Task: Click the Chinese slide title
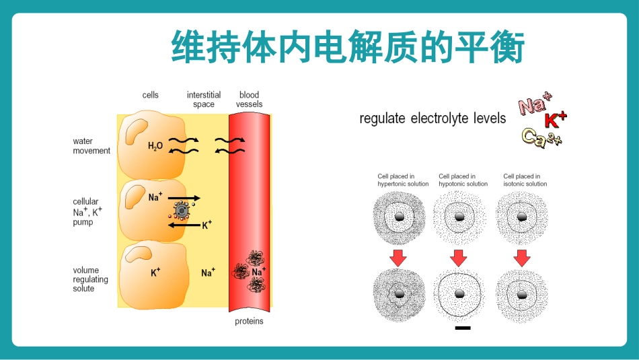pyautogui.click(x=348, y=46)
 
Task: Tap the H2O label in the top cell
pyautogui.click(x=155, y=146)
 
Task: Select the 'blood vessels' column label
pyautogui.click(x=249, y=100)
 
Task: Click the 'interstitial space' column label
pyautogui.click(x=204, y=100)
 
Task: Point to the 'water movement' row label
pyautogui.click(x=91, y=146)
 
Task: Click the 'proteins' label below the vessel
pyautogui.click(x=249, y=321)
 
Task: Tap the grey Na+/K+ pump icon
pyautogui.click(x=181, y=211)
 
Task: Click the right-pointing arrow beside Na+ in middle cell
pyautogui.click(x=184, y=198)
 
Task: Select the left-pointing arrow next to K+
pyautogui.click(x=184, y=225)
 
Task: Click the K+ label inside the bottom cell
pyautogui.click(x=155, y=272)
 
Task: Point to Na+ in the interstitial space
pyautogui.click(x=208, y=272)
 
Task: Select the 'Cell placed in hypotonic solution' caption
pyautogui.click(x=463, y=180)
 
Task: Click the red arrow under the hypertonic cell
pyautogui.click(x=398, y=258)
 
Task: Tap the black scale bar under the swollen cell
pyautogui.click(x=463, y=328)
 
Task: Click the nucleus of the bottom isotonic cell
pyautogui.click(x=522, y=295)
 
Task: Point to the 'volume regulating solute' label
pyautogui.click(x=91, y=279)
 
